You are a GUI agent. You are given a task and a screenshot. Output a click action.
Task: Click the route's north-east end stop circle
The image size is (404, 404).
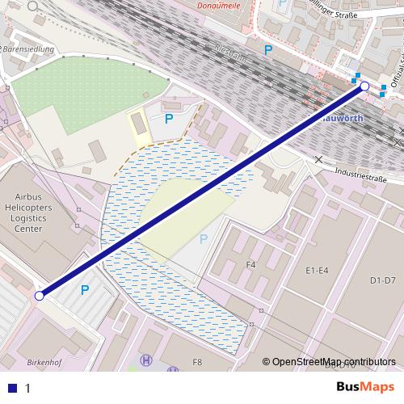364,86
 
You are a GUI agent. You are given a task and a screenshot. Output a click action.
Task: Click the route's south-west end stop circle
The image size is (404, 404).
39,296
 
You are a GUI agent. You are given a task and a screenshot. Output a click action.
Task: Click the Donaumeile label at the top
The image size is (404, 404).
221,4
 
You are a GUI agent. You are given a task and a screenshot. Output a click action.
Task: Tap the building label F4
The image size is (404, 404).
250,264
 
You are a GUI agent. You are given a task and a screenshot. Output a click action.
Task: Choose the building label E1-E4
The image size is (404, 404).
318,270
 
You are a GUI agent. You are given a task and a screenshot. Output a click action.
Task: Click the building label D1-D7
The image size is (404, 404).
382,280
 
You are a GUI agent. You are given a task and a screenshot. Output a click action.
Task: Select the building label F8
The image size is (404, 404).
197,363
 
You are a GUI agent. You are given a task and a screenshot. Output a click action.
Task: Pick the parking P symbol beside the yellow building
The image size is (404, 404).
169,119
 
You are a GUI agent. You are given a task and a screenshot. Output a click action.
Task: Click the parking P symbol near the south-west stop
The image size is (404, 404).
84,289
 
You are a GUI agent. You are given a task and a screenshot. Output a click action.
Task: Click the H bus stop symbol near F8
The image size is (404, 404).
146,360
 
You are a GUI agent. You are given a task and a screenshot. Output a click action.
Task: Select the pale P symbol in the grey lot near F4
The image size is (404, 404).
204,238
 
